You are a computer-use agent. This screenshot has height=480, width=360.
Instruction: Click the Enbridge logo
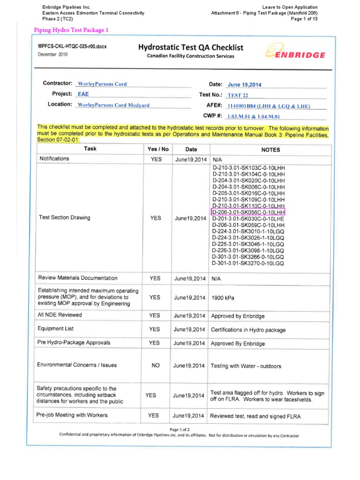pyautogui.click(x=295, y=52)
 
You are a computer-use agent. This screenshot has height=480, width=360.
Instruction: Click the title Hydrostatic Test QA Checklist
pyautogui.click(x=190, y=47)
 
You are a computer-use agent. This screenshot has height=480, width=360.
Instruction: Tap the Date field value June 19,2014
pyautogui.click(x=244, y=85)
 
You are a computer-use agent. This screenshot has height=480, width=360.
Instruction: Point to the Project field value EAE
pyautogui.click(x=83, y=94)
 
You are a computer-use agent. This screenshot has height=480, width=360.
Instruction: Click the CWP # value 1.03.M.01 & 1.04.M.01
pyautogui.click(x=253, y=116)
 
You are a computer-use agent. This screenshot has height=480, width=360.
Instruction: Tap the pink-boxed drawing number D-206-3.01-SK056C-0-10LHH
pyautogui.click(x=248, y=212)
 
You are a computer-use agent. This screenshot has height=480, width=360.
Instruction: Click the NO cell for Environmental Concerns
pyautogui.click(x=156, y=366)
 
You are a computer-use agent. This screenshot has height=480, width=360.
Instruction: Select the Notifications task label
pyautogui.click(x=54, y=159)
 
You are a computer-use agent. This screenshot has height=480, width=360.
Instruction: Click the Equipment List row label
pyautogui.click(x=56, y=329)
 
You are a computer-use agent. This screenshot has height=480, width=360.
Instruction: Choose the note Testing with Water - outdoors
pyautogui.click(x=246, y=366)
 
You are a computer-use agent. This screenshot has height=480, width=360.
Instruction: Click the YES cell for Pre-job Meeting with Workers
pyautogui.click(x=153, y=416)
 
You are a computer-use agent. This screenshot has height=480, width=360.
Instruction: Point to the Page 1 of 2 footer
pyautogui.click(x=180, y=429)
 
